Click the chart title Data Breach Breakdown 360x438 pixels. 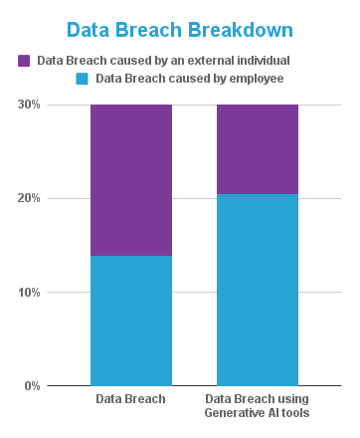(179, 31)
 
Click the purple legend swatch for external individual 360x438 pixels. (24, 61)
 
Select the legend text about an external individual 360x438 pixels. (162, 61)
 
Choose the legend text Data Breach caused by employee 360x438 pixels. (188, 78)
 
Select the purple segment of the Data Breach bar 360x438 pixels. (130, 179)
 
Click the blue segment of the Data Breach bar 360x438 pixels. (130, 321)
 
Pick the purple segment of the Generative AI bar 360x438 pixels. (258, 149)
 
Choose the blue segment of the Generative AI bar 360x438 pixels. (258, 290)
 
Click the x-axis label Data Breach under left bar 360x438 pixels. (130, 399)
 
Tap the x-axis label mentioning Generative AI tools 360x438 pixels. (258, 406)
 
